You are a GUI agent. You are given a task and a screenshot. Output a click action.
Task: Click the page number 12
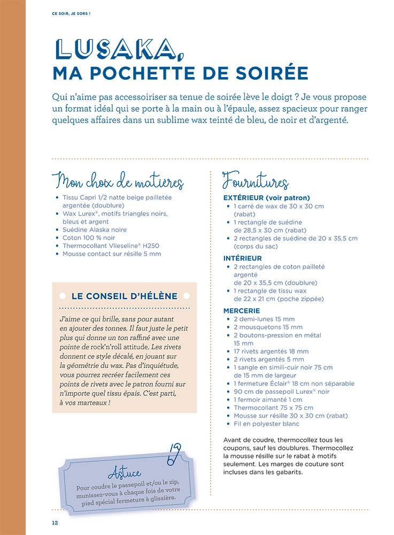pos(55,522)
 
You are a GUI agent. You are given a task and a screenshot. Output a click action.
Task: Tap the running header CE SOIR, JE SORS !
pos(71,13)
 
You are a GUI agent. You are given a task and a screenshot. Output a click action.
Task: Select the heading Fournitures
pos(256,182)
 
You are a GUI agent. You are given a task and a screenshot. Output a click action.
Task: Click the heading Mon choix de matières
pos(118,182)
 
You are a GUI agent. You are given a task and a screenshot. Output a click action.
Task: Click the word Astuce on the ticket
pos(125,473)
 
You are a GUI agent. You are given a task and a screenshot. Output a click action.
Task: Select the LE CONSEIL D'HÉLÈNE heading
pos(125,296)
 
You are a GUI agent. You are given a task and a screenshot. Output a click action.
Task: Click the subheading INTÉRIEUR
pos(242,258)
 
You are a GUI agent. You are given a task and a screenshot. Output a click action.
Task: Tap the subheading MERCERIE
pos(242,310)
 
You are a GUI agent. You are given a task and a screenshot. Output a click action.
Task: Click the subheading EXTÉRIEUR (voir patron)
pos(266,197)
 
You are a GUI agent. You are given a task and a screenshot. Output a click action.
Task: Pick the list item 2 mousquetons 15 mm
pos(268,327)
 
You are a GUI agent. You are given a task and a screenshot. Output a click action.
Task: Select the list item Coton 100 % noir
pos(88,238)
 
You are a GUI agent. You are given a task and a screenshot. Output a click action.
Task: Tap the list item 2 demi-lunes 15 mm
pos(264,319)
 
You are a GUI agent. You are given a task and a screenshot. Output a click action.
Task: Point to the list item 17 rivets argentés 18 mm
pos(271,351)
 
